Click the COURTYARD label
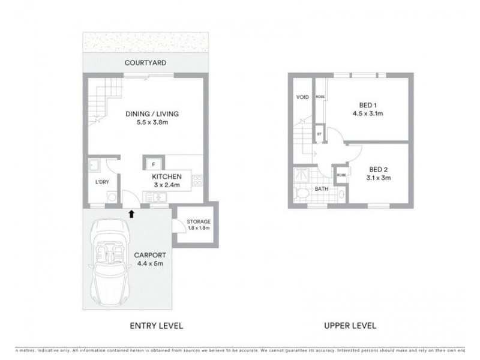tap(145, 62)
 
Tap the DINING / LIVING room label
tap(152, 114)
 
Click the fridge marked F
tap(154, 164)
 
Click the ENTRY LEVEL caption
tap(156, 326)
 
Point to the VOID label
tap(302, 97)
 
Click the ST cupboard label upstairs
tap(320, 134)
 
